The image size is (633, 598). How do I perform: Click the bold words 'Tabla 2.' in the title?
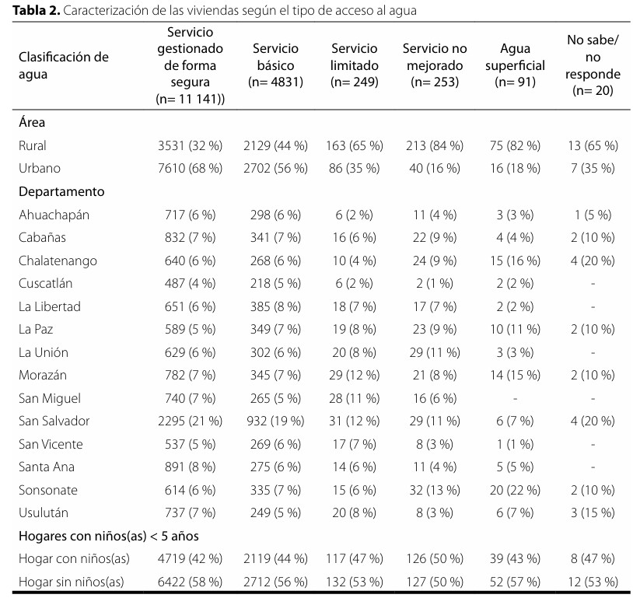[x=37, y=10]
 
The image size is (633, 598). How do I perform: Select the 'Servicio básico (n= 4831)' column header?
[x=275, y=65]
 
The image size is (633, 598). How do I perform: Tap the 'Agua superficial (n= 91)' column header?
[x=515, y=65]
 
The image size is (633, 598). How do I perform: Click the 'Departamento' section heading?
[x=61, y=191]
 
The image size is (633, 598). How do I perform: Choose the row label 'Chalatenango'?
[x=58, y=261]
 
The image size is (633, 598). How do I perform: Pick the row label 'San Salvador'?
[x=54, y=421]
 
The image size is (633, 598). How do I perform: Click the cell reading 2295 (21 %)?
[x=191, y=421]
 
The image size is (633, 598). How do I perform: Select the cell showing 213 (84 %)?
[x=435, y=145]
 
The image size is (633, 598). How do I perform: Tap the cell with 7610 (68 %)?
[x=191, y=168]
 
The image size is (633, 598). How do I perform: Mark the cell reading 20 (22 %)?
[x=515, y=490]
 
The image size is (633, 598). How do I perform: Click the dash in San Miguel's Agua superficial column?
[x=515, y=399]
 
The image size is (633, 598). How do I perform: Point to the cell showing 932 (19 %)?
[x=275, y=421]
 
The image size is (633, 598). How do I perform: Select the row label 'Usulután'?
[x=44, y=512]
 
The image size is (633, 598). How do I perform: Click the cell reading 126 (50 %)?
[x=435, y=559]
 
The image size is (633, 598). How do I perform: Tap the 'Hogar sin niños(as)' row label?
[x=71, y=582]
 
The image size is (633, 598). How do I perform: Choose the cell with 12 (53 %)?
[x=593, y=582]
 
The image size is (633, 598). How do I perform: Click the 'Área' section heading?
[x=32, y=122]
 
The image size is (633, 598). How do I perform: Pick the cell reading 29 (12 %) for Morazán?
[x=354, y=375]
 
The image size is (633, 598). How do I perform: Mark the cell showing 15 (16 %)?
[x=515, y=261]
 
